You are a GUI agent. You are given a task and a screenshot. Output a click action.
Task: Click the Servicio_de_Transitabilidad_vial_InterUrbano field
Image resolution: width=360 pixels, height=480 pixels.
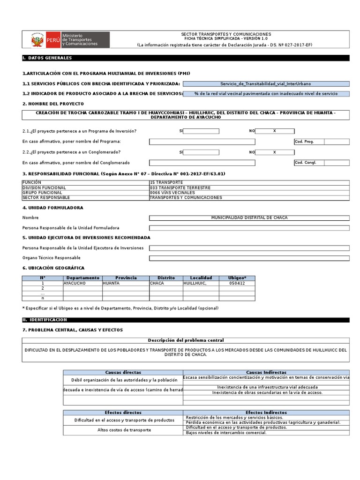point(266,84)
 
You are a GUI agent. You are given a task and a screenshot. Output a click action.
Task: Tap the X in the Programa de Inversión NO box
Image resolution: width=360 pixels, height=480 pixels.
point(275,131)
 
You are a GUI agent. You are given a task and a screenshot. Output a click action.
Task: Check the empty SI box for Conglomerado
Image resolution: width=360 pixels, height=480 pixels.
point(201,152)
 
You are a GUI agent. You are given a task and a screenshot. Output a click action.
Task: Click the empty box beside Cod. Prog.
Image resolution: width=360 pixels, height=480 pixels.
point(336,142)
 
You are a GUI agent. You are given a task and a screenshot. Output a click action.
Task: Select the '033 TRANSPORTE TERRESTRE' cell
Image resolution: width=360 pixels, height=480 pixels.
point(249,187)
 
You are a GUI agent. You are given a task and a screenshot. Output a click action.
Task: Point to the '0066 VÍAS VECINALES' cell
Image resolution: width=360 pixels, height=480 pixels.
point(249,193)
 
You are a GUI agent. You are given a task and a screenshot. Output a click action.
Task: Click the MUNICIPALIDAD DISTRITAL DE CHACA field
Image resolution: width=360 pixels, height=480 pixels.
point(249,218)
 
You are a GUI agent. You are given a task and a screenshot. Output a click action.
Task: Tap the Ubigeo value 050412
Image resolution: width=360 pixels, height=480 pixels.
point(237,283)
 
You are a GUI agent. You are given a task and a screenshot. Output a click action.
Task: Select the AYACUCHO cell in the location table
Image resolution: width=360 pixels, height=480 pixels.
point(82,283)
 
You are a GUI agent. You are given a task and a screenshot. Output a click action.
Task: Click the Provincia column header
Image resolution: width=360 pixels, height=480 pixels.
point(126,278)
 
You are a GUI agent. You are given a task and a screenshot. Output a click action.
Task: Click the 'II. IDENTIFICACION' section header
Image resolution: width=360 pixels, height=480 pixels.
point(45,320)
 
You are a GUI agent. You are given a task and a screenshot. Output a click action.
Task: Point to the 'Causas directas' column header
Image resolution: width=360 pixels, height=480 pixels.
point(123,372)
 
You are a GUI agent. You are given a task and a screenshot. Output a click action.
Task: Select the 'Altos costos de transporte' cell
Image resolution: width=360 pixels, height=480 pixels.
point(124,430)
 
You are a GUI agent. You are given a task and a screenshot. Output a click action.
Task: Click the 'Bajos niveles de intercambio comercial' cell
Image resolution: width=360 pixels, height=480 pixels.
point(266,433)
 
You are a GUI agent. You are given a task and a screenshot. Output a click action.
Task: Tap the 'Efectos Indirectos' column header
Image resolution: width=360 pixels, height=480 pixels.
point(266,412)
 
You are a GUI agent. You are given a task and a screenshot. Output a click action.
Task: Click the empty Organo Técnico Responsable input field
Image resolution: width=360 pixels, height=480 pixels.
point(249,258)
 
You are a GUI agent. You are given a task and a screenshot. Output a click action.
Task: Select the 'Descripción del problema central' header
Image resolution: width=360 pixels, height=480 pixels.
point(186,340)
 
